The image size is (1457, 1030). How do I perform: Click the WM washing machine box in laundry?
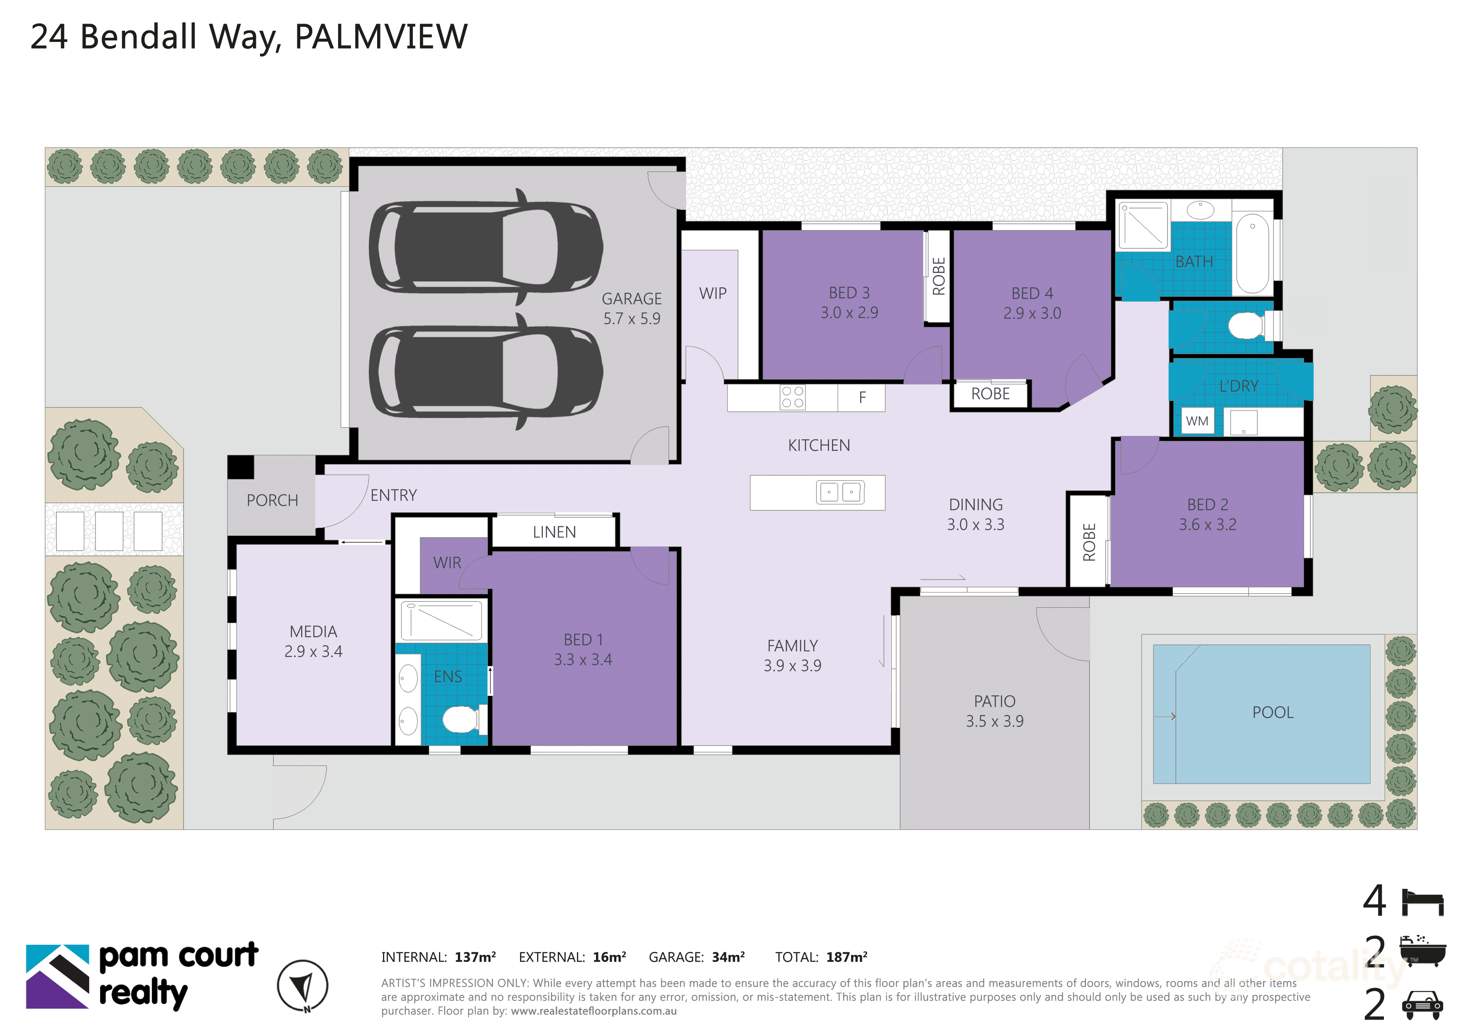pos(1197,421)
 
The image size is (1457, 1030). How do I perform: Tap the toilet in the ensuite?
pos(461,719)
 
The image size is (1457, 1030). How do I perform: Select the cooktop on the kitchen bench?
pos(792,398)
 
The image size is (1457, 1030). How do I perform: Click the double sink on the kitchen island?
pos(840,492)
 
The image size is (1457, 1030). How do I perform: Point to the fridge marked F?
pos(862,398)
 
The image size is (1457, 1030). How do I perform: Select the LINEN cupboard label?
pos(554,532)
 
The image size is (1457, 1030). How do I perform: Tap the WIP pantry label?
pos(713,294)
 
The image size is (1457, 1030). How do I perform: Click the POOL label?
pos(1272,712)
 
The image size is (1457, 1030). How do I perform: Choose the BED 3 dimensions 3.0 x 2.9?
pos(849,313)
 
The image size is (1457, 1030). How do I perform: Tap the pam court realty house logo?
pos(58,977)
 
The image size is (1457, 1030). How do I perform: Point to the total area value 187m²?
pos(846,957)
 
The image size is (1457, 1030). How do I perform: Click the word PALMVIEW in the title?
pos(381,37)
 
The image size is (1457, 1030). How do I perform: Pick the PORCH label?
pos(272,500)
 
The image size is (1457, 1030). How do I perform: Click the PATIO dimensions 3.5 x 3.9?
pos(994,721)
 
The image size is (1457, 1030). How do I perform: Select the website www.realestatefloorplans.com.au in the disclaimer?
pos(594,1011)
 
